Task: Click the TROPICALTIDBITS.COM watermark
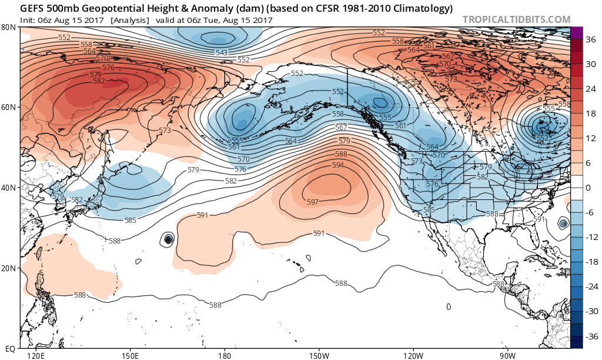click(x=516, y=19)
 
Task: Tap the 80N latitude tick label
click(x=9, y=28)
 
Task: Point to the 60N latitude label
click(x=9, y=108)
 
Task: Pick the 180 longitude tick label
click(x=224, y=355)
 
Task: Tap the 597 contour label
click(x=313, y=202)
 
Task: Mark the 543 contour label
click(x=222, y=53)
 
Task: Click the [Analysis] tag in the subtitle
click(x=129, y=19)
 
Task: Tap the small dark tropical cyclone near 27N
click(x=169, y=239)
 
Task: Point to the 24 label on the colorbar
click(x=590, y=89)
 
